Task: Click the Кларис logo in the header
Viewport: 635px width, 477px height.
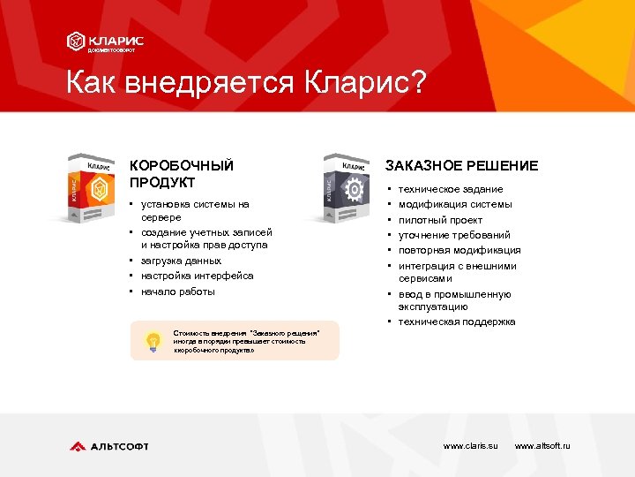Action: [105, 42]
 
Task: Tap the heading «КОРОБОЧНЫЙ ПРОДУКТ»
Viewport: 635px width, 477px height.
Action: [182, 173]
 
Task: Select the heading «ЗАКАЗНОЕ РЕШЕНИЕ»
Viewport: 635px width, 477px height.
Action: [461, 166]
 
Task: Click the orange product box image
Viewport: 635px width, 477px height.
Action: [93, 189]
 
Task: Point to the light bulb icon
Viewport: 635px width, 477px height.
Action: [153, 340]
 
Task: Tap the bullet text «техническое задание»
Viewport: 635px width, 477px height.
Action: [451, 189]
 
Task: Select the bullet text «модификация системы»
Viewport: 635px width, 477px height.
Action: [454, 204]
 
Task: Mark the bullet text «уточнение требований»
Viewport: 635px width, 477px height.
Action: [454, 235]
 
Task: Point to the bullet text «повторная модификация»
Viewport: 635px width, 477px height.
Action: [459, 250]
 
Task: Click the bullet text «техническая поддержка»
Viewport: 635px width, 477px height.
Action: [457, 322]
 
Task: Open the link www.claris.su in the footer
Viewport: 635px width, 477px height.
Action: [470, 446]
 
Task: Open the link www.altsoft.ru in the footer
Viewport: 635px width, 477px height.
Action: [542, 446]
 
